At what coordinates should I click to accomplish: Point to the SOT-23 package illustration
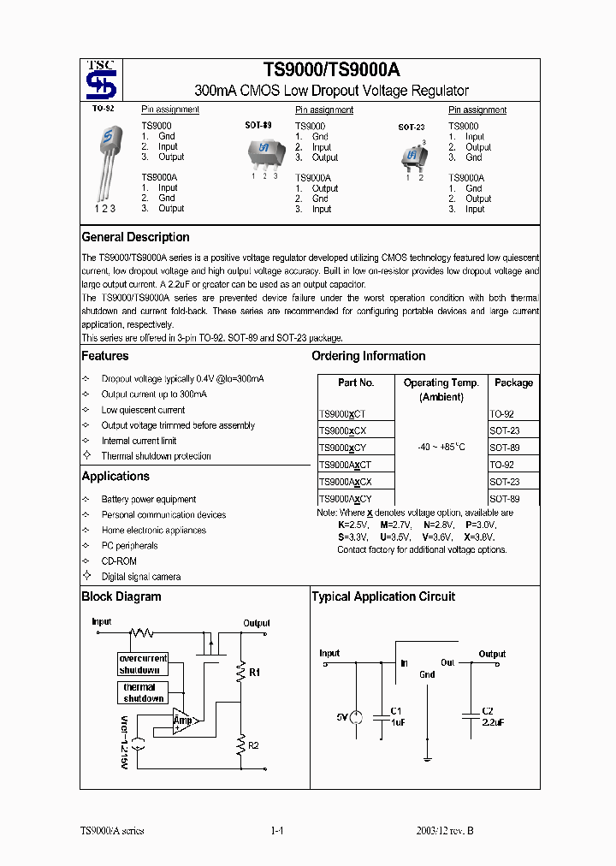tap(414, 155)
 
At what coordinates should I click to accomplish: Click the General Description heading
tap(135, 237)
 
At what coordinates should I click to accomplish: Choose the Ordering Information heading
tap(368, 356)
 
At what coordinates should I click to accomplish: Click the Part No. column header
tap(356, 383)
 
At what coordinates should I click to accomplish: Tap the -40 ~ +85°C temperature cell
tap(441, 447)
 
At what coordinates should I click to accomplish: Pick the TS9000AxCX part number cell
tap(345, 482)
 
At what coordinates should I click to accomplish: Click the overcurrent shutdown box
tap(143, 664)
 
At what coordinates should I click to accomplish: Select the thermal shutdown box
tap(142, 692)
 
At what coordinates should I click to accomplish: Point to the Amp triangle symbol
tap(182, 721)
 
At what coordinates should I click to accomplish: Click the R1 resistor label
tap(254, 673)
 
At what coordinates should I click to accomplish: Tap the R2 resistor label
tap(253, 745)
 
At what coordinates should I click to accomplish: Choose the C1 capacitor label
tap(395, 711)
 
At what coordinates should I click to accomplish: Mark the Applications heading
tap(115, 476)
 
